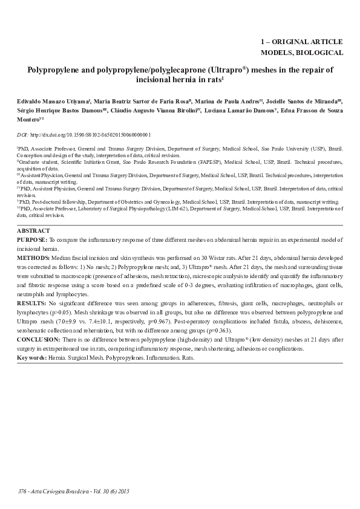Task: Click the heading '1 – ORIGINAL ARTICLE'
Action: click(301, 42)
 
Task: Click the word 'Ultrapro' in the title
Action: click(226, 70)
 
